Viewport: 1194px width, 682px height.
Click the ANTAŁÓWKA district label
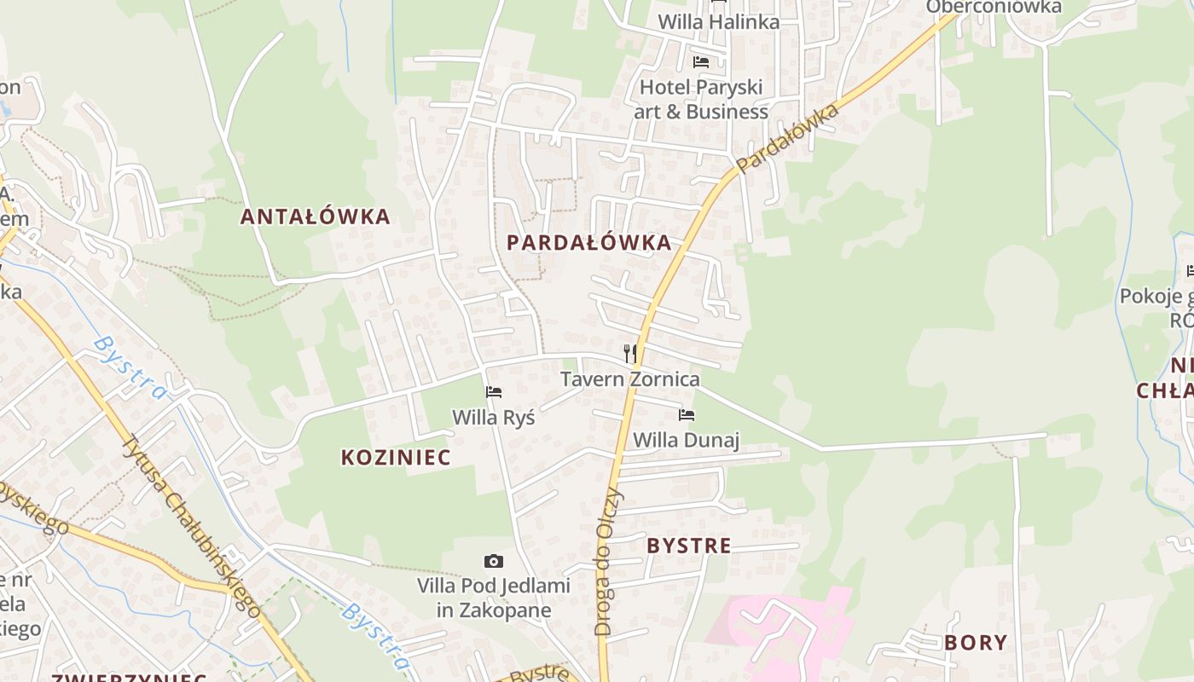pyautogui.click(x=315, y=217)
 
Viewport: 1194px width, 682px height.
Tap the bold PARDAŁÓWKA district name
pyautogui.click(x=588, y=243)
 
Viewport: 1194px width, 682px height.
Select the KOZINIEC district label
pyautogui.click(x=396, y=458)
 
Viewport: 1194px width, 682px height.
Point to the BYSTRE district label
pyautogui.click(x=689, y=546)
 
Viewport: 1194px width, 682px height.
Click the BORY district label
pyautogui.click(x=976, y=643)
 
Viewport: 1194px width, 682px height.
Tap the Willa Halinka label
pyautogui.click(x=718, y=22)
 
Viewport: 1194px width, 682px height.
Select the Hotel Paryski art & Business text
pyautogui.click(x=703, y=99)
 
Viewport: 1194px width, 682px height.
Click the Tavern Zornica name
pyautogui.click(x=629, y=379)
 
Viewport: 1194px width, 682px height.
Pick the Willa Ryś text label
pyautogui.click(x=494, y=418)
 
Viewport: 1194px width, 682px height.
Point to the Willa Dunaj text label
pyautogui.click(x=686, y=440)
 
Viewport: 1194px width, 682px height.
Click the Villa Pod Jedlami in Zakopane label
pyautogui.click(x=494, y=598)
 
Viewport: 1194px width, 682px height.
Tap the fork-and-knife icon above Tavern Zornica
pyautogui.click(x=630, y=353)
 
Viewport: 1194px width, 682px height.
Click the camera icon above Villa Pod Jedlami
pyautogui.click(x=494, y=561)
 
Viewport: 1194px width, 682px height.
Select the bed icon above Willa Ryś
pyautogui.click(x=494, y=392)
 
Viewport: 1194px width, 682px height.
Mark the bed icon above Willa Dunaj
pyautogui.click(x=687, y=415)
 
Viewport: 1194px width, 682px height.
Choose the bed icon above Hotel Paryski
pyautogui.click(x=701, y=61)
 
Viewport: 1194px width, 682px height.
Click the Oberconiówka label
pyautogui.click(x=994, y=7)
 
